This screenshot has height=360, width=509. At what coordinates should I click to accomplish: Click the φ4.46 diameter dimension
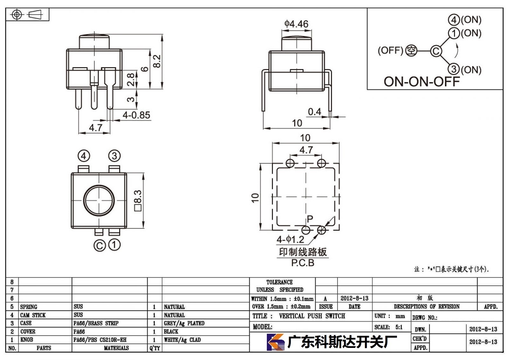point(296,24)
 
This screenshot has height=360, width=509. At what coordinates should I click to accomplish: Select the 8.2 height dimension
point(157,61)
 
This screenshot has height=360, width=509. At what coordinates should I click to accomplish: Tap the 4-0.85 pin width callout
point(136,115)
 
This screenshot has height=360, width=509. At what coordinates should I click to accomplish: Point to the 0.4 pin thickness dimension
point(315,112)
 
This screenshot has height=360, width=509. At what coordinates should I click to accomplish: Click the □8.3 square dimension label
point(138,201)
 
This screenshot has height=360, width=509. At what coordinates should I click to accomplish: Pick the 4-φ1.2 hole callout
point(290,239)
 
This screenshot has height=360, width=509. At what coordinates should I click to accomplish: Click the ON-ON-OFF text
point(422,81)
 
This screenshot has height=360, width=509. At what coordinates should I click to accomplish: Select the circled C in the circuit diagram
point(436,51)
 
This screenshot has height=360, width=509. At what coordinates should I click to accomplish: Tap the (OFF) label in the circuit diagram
point(390,50)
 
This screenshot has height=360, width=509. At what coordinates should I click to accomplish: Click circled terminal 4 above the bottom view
point(84,156)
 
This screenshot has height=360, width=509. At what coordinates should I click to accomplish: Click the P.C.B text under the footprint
point(303,263)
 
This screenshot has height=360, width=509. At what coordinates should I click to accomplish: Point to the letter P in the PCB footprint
point(310,219)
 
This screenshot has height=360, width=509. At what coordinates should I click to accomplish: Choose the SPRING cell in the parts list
point(29,307)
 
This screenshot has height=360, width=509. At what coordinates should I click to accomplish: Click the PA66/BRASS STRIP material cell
point(96,323)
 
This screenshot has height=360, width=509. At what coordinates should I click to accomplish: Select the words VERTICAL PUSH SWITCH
point(312,316)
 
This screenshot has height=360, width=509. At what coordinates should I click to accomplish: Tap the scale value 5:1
point(399,327)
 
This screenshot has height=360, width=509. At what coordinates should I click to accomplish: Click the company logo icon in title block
point(275,342)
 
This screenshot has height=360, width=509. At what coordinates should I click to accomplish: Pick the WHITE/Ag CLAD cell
point(182,340)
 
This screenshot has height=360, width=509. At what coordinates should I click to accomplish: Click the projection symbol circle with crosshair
point(17,15)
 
